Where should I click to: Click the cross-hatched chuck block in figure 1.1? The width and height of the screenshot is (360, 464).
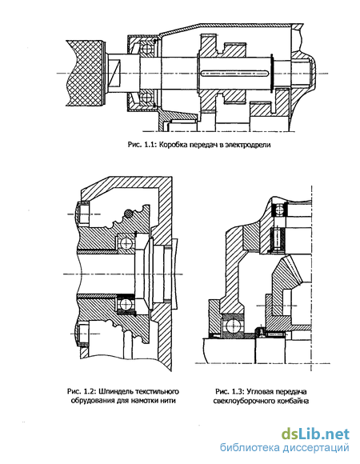pos(85,73)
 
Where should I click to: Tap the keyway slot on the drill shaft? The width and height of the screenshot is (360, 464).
pos(234,73)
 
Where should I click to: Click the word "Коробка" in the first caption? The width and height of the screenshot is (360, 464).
pos(171,145)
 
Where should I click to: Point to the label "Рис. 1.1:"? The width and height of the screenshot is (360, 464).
pos(143,145)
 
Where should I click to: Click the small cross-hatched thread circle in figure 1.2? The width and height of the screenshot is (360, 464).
pos(128,214)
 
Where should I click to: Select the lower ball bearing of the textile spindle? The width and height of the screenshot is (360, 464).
pos(126,304)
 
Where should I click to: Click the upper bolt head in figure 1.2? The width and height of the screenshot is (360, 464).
pos(83,212)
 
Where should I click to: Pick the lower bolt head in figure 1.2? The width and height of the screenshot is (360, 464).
pos(83,334)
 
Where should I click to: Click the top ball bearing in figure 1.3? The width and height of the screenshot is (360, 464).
pos(279,211)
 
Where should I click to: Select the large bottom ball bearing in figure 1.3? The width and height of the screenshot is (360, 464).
pos(234,326)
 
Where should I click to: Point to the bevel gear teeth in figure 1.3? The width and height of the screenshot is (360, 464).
pos(292,270)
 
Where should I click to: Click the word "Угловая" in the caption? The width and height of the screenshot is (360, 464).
pos(260,392)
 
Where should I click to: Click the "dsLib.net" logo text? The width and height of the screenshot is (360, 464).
pos(315,434)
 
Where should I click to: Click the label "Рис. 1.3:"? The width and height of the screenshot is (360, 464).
pos(230,392)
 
